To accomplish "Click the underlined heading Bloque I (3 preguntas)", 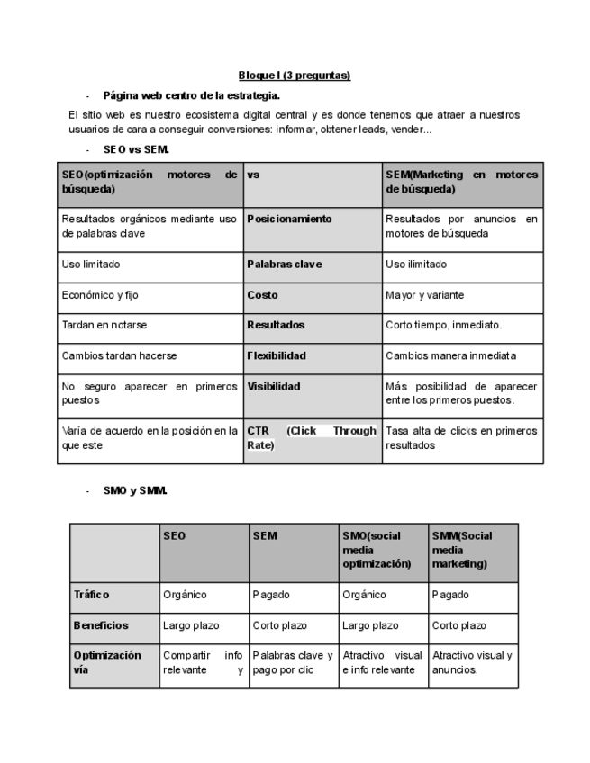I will click(294, 76).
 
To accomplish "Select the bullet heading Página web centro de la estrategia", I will click(191, 95).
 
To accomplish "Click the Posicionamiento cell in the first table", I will click(289, 219).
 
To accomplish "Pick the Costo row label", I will click(262, 295).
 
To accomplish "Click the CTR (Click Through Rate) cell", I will click(311, 438).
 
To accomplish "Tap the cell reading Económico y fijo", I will click(100, 295).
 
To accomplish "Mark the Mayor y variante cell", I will click(425, 295).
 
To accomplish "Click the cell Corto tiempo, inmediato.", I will click(443, 325).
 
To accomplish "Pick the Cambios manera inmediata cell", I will click(450, 355).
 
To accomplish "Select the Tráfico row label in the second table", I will click(91, 595).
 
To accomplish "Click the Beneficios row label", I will click(101, 625).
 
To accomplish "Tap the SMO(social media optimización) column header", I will click(377, 550).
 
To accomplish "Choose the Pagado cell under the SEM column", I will click(270, 595).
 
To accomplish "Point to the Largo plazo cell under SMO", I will click(370, 625).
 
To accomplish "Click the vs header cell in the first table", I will click(253, 175).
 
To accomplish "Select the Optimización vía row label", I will click(107, 662).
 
